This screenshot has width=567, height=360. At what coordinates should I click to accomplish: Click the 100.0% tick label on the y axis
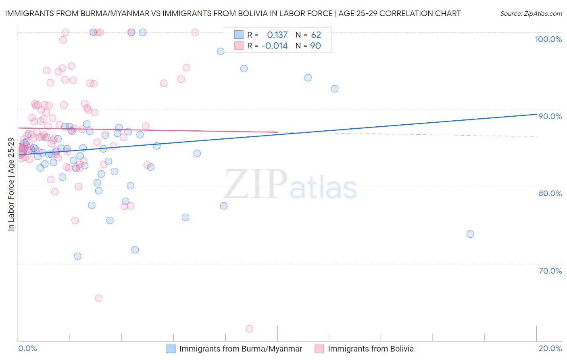tap(548, 39)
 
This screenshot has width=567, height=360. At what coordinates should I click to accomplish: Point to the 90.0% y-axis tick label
tap(550, 116)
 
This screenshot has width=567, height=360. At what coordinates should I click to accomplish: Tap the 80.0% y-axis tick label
tap(550, 193)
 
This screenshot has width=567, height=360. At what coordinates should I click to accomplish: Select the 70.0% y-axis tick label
tap(550, 271)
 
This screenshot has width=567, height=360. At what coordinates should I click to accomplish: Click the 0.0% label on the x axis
tap(27, 348)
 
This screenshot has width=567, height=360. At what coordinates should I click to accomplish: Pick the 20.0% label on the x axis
tap(550, 348)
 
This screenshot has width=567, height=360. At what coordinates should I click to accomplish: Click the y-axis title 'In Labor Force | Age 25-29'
tap(11, 184)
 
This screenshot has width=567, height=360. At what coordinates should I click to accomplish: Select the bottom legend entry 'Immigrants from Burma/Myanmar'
tap(240, 349)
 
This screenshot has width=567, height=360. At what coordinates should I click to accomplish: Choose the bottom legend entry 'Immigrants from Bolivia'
tap(371, 349)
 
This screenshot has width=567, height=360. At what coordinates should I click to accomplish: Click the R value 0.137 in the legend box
tap(277, 35)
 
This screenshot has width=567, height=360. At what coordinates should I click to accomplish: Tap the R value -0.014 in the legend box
tap(275, 46)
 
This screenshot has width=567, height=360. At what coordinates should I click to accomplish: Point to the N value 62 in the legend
tap(316, 35)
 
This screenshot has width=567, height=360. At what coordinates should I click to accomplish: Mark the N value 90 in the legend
tap(316, 46)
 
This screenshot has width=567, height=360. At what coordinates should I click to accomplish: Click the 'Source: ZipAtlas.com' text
tap(531, 14)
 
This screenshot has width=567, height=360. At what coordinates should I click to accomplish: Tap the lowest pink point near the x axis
tap(249, 329)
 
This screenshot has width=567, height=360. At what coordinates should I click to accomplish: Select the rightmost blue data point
tap(470, 234)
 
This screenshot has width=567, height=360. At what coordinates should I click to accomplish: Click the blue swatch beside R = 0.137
tap(239, 35)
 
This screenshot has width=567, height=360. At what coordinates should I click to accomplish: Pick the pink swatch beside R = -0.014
tap(239, 46)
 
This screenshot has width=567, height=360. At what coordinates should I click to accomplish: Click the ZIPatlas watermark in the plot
tap(290, 185)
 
